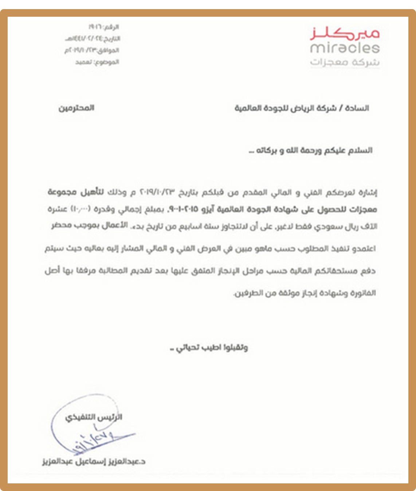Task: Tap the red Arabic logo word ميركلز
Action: pos(345,34)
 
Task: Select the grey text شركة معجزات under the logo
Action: pos(345,62)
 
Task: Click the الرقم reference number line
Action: pos(103,27)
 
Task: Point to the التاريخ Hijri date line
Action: pos(93,39)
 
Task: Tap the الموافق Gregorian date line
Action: pos(92,50)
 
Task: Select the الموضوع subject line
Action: pos(97,62)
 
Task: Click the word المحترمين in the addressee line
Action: pos(76,108)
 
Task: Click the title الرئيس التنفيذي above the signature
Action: pos(94,417)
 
